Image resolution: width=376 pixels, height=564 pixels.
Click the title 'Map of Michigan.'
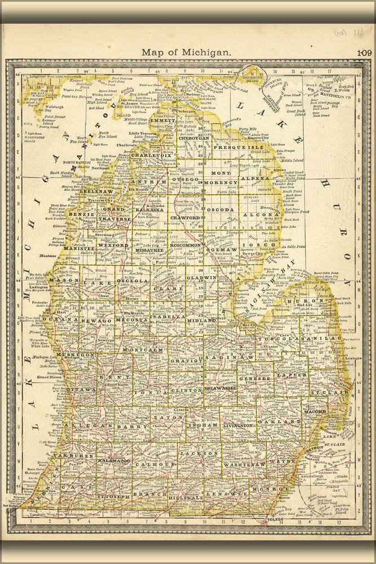pyautogui.click(x=186, y=52)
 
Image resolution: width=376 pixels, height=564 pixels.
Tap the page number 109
pyautogui.click(x=364, y=53)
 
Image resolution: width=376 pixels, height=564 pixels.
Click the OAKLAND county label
pyautogui.click(x=279, y=421)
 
